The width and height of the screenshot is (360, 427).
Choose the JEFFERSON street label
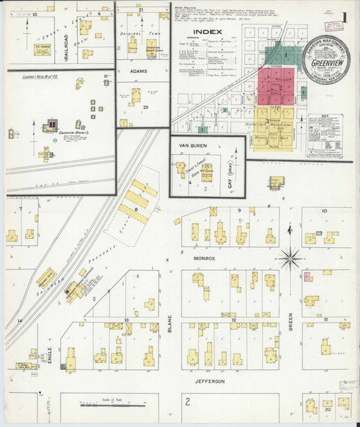(x=210, y=380)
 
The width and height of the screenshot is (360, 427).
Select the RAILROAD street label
(x=67, y=48)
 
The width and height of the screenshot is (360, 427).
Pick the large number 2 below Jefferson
(x=187, y=400)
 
